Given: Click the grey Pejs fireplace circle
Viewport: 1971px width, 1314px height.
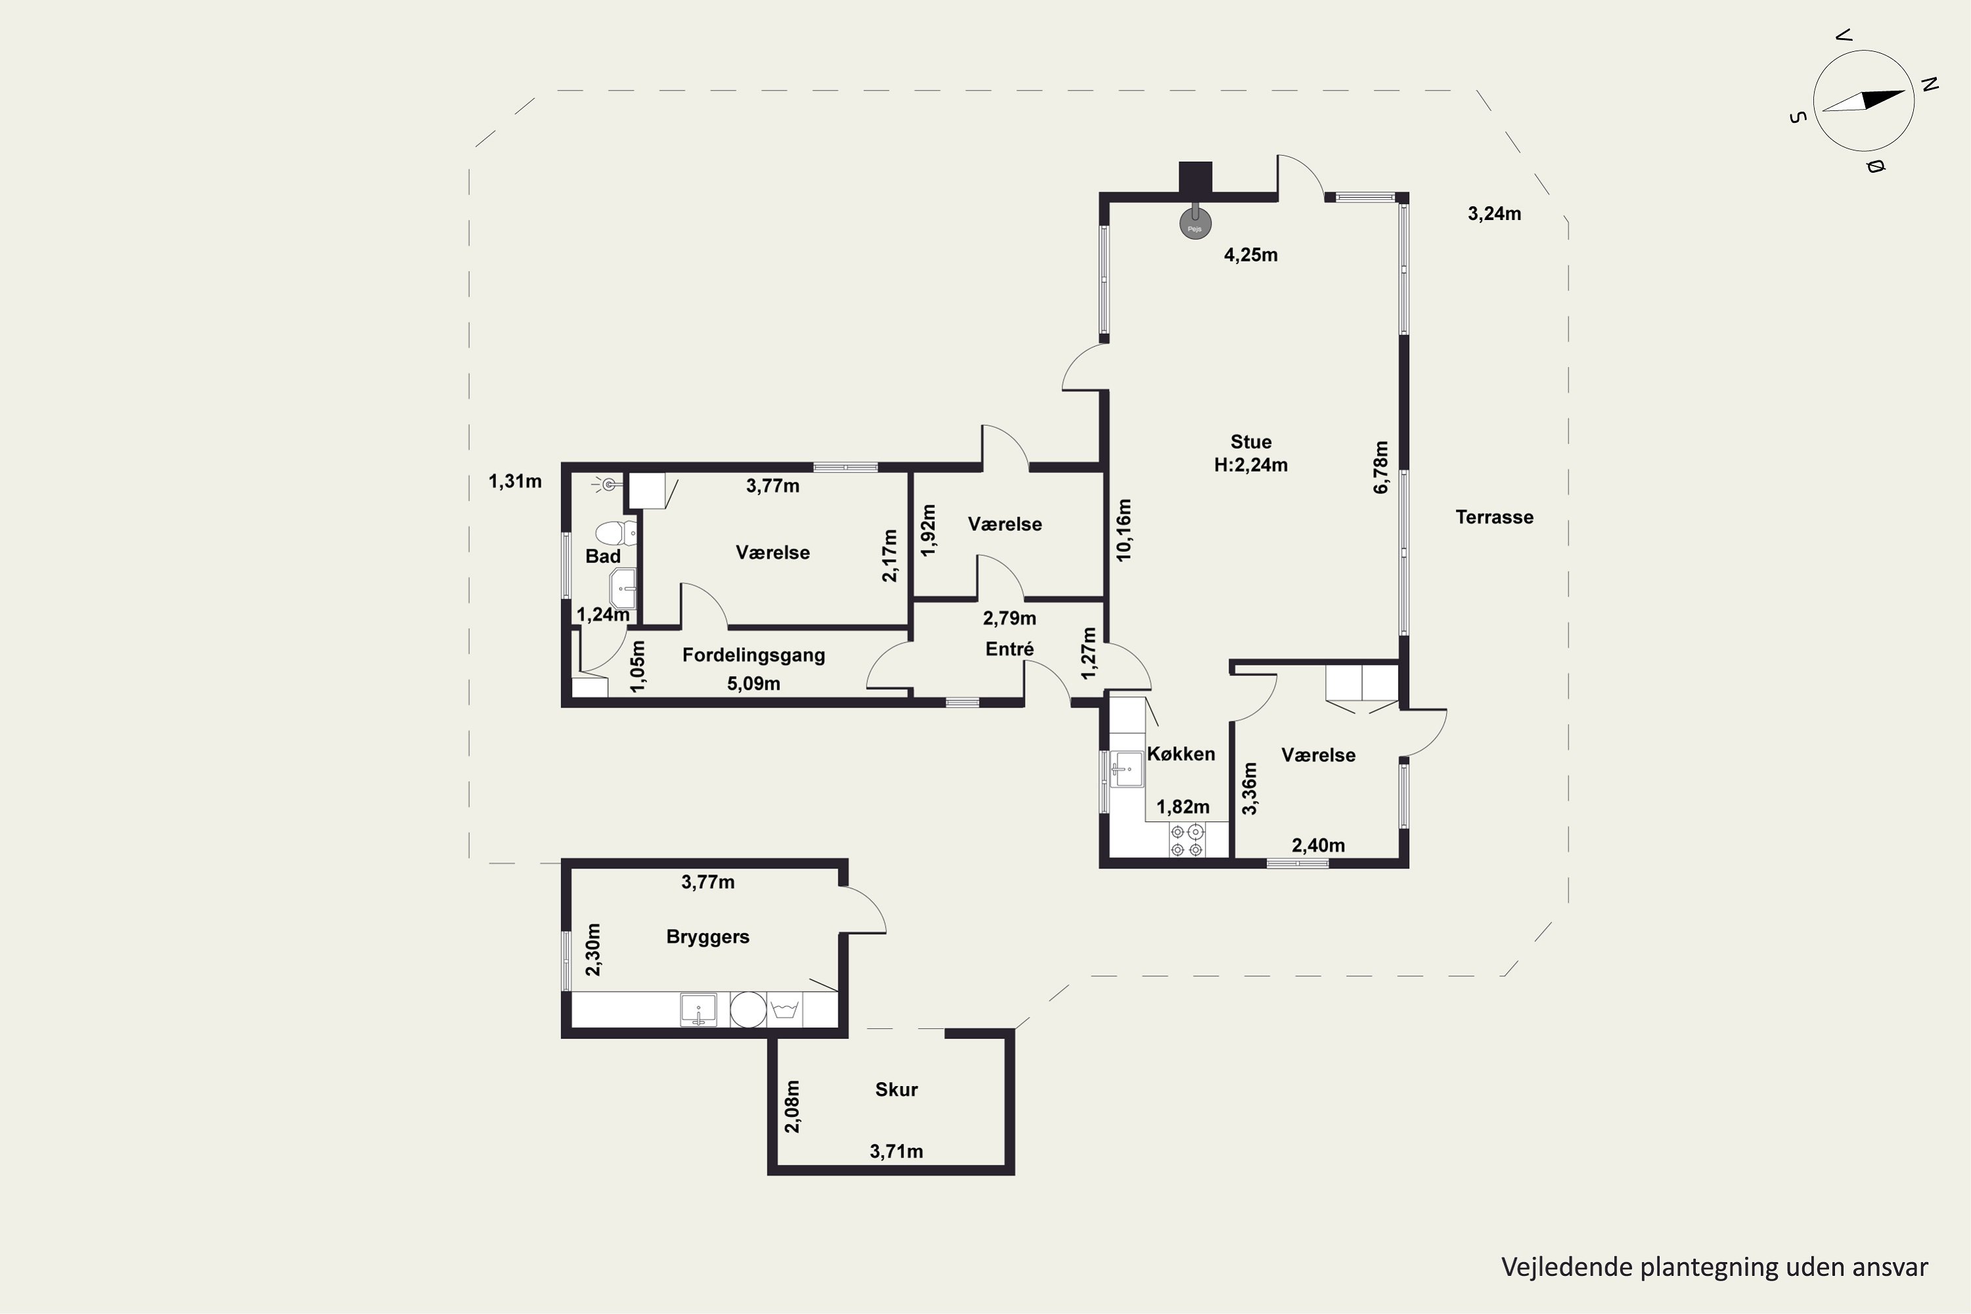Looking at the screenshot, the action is [x=1195, y=225].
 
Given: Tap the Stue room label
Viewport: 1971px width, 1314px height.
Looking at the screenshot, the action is [x=1250, y=442].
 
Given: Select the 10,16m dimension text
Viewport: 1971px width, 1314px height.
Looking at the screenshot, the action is [x=1123, y=530].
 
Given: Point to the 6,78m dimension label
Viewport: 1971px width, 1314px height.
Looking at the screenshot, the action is [x=1381, y=468].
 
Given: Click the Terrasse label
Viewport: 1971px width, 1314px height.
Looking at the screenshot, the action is [x=1494, y=517].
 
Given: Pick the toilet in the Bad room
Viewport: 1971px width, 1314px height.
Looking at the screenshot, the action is [x=616, y=533].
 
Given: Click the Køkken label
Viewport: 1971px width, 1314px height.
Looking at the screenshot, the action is [x=1181, y=754].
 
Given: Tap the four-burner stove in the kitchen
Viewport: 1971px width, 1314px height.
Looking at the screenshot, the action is [x=1187, y=840].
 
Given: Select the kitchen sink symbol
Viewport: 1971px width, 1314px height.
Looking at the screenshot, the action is [x=1125, y=769].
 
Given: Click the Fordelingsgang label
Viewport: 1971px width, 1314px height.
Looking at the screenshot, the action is [x=754, y=655].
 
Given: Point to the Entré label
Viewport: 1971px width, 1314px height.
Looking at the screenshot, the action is [x=1009, y=648].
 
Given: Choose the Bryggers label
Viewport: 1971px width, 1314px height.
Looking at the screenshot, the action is [x=708, y=937].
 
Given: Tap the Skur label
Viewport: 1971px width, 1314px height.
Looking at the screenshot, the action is [x=896, y=1089].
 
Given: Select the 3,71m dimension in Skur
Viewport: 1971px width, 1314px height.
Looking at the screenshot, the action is [x=896, y=1152].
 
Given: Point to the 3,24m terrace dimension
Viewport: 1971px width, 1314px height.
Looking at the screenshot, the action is [x=1494, y=214].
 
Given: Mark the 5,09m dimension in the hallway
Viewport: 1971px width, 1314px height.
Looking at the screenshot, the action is [x=754, y=684].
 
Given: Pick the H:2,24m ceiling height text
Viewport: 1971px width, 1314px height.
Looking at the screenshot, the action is [x=1250, y=465].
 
